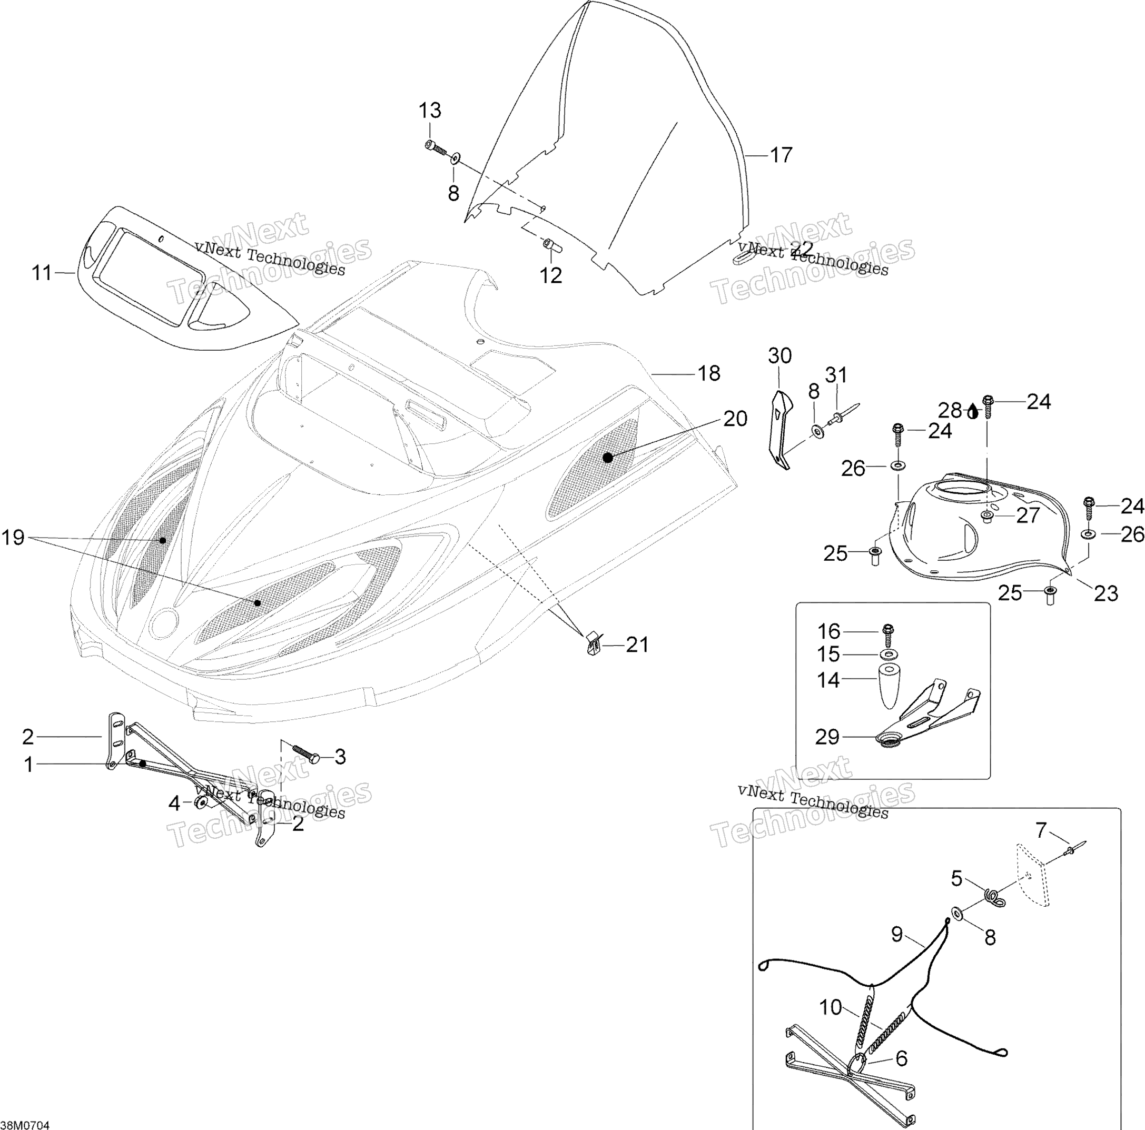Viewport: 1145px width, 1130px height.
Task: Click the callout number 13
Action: (x=430, y=110)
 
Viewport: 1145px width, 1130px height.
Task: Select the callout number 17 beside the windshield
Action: (x=781, y=155)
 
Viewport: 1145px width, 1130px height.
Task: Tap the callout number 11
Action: (x=42, y=273)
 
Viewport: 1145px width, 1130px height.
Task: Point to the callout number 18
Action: (x=709, y=373)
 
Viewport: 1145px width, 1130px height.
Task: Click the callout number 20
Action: (x=735, y=419)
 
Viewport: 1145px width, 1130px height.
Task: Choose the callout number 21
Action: (x=638, y=645)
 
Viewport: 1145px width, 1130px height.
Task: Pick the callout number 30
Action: (x=780, y=355)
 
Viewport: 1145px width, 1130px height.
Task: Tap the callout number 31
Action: (x=836, y=374)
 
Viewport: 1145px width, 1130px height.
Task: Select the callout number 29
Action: (x=828, y=737)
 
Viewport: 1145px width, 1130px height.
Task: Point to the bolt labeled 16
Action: (x=888, y=635)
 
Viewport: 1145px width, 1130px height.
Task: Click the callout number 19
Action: (x=13, y=538)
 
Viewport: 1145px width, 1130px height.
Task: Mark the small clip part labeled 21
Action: (x=593, y=643)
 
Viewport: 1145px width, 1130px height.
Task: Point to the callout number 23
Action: (x=1106, y=592)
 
